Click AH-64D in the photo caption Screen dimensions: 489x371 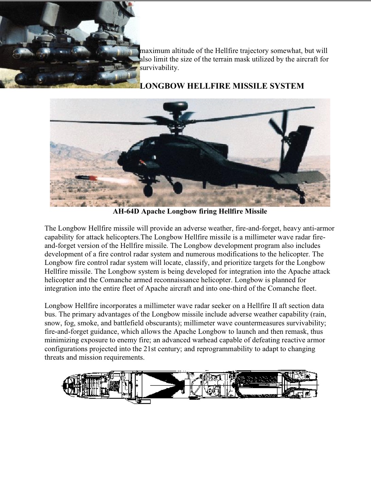[x=126, y=212]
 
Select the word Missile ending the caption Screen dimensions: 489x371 [x=256, y=212]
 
